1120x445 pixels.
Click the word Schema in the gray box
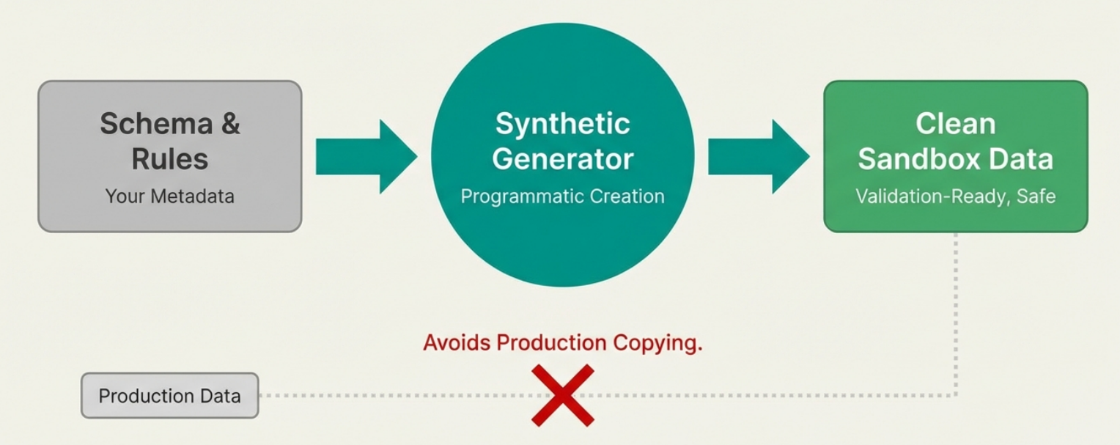click(156, 123)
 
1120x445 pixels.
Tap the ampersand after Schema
click(230, 123)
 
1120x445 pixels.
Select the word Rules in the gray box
click(169, 159)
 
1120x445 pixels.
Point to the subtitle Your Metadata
click(169, 196)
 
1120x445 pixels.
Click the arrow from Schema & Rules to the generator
click(366, 156)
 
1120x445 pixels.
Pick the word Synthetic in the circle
click(562, 123)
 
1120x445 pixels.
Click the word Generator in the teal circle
click(562, 159)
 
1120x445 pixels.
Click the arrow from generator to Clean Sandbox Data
click(759, 156)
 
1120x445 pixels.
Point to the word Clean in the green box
click(956, 123)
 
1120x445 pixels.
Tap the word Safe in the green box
click(1036, 196)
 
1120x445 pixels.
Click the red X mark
click(563, 395)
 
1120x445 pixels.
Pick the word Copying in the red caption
click(658, 344)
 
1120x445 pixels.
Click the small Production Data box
click(169, 395)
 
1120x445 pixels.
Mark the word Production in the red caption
click(552, 343)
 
